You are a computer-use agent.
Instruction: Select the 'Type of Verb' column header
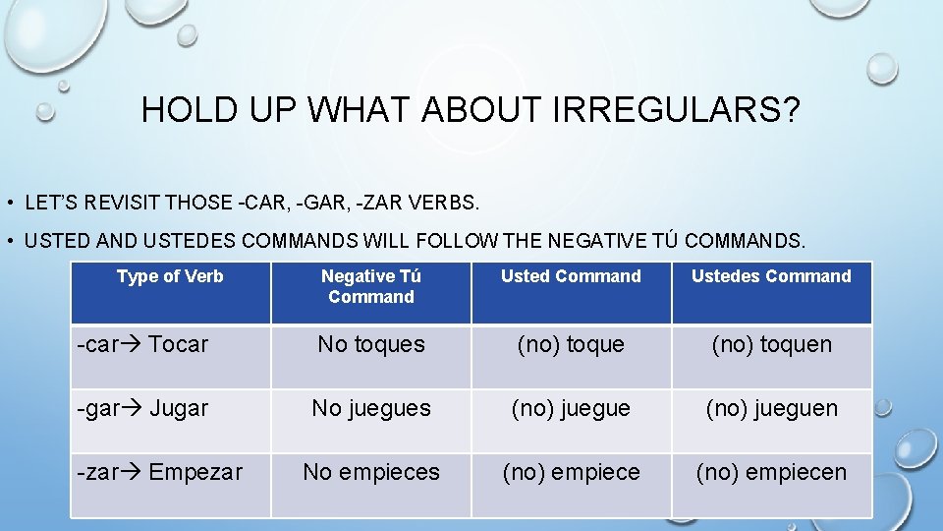click(170, 276)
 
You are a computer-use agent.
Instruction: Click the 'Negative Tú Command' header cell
click(371, 286)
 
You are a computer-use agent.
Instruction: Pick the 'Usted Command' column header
click(571, 276)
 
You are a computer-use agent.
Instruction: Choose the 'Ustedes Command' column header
click(771, 276)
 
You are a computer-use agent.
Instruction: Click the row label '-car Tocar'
click(143, 344)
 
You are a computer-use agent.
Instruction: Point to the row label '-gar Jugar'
click(143, 408)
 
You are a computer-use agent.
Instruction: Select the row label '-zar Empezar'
click(160, 472)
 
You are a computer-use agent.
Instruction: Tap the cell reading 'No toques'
click(371, 344)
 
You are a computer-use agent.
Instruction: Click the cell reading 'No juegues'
click(371, 408)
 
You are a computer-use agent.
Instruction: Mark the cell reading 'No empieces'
click(371, 472)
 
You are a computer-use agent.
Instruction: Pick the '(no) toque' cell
click(571, 344)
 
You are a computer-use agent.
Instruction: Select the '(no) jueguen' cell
click(771, 408)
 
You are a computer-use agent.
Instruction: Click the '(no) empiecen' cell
click(771, 472)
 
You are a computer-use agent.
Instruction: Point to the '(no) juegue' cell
click(571, 408)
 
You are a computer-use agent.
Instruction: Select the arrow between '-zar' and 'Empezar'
click(134, 472)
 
